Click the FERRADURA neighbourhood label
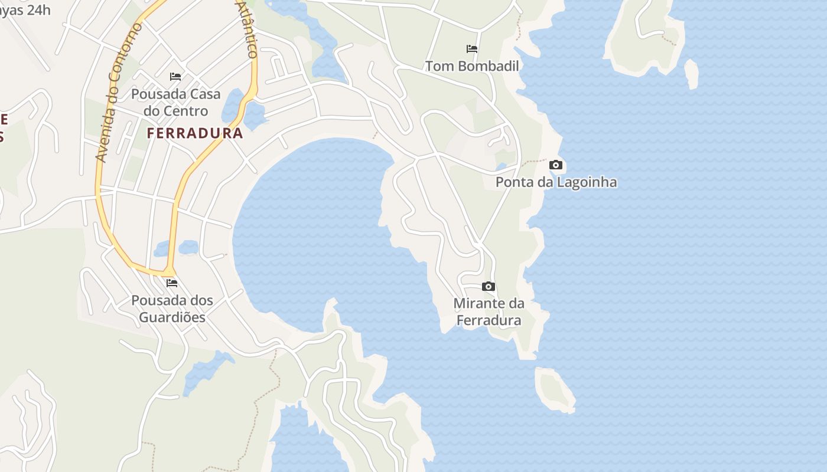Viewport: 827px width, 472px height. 195,133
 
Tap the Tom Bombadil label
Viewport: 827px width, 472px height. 472,66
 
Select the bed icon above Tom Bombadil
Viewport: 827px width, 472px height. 472,48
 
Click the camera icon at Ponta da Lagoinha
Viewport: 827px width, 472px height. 556,165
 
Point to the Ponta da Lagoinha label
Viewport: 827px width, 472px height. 556,182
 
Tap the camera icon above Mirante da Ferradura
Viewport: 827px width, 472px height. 489,287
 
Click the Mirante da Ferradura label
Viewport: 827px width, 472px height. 489,312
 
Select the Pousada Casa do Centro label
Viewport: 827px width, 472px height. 176,103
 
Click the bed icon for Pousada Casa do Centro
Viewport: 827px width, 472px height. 175,77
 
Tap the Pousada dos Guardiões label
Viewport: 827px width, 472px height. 172,309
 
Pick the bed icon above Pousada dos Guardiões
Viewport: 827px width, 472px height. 172,283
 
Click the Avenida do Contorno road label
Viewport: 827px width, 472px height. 119,93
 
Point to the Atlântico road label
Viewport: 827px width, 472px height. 247,29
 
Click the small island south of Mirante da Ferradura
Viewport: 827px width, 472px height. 554,389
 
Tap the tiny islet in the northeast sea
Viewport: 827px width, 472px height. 691,74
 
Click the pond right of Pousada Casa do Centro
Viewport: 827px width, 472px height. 234,105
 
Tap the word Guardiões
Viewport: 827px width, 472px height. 172,317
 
